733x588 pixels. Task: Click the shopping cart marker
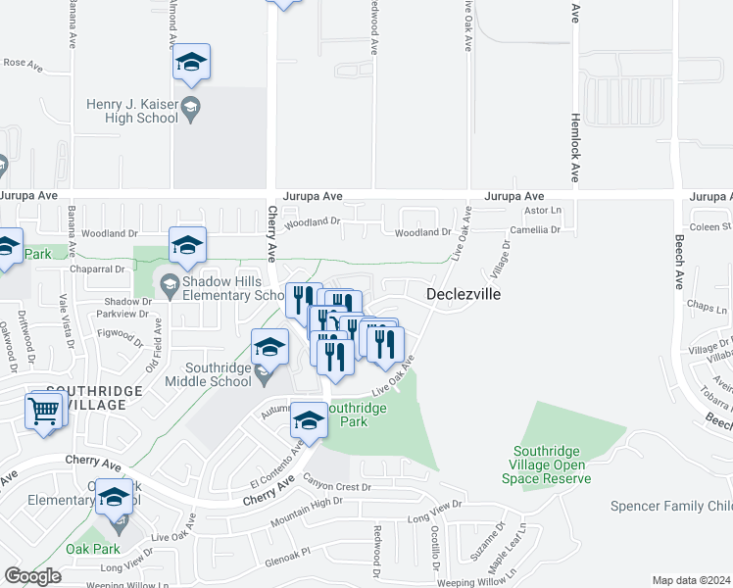click(x=44, y=413)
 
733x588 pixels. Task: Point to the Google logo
click(x=31, y=576)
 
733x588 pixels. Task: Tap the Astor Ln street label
click(x=542, y=210)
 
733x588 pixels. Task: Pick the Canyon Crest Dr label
click(x=339, y=486)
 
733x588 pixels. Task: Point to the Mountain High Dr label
click(x=311, y=506)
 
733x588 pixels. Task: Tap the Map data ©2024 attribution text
click(x=691, y=580)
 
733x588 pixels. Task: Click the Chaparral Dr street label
click(x=98, y=269)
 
